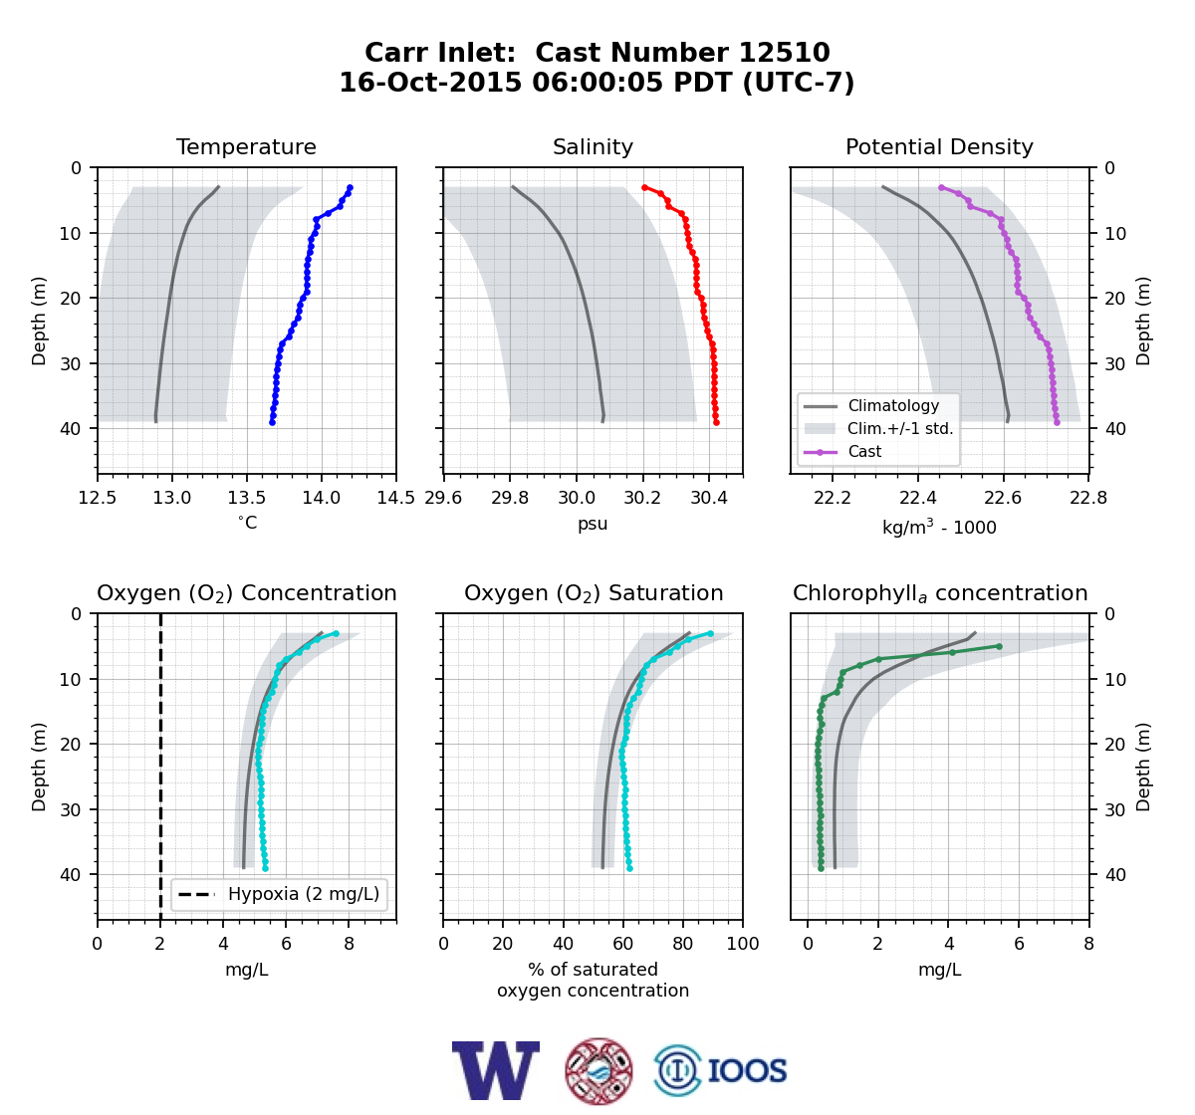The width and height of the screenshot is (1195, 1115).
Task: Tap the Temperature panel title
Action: pyautogui.click(x=246, y=146)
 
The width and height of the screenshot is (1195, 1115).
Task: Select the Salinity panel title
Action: pyautogui.click(x=593, y=146)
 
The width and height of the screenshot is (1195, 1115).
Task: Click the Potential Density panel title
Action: pyautogui.click(x=939, y=146)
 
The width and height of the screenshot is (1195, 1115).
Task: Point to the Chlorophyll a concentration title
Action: pyautogui.click(x=940, y=593)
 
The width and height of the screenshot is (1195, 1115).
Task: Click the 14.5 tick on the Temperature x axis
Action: pyautogui.click(x=396, y=498)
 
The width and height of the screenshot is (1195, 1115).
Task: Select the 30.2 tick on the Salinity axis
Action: pyautogui.click(x=643, y=498)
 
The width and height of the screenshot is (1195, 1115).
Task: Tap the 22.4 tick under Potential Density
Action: pyautogui.click(x=917, y=498)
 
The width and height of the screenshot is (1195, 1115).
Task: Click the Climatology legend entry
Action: pyautogui.click(x=893, y=405)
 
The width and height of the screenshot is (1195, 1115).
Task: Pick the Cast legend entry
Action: pyautogui.click(x=864, y=451)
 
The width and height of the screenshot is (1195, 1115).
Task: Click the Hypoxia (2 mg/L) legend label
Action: pyautogui.click(x=304, y=894)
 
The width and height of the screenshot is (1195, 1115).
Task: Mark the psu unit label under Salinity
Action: pyautogui.click(x=593, y=524)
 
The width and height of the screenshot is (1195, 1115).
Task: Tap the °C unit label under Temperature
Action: pyautogui.click(x=247, y=523)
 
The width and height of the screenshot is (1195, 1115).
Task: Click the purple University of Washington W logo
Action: pyautogui.click(x=496, y=1071)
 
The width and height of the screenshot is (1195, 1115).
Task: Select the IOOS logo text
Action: pyautogui.click(x=747, y=1071)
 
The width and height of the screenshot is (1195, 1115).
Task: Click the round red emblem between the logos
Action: pyautogui.click(x=598, y=1071)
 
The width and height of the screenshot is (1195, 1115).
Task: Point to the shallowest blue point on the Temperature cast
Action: pyautogui.click(x=351, y=188)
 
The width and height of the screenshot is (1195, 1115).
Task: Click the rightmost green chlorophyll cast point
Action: pyautogui.click(x=1000, y=646)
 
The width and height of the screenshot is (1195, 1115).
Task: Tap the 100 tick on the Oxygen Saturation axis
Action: pyautogui.click(x=743, y=944)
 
